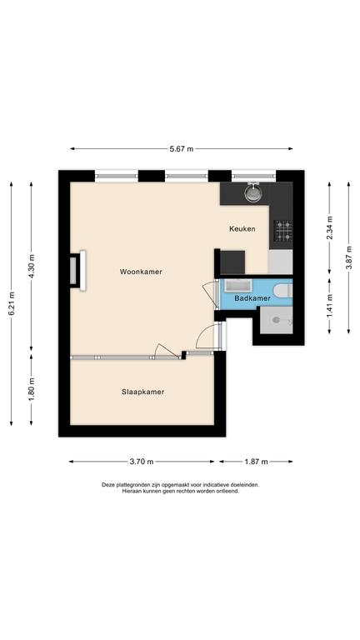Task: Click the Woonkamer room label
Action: pos(141,272)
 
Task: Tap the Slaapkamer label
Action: pos(142,392)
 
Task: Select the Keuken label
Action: pos(242,229)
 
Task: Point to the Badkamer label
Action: pos(252,298)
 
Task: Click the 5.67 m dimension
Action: pos(182,148)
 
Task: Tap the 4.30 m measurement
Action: pos(32,266)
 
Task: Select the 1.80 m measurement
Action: pos(32,390)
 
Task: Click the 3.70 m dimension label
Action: pos(142,462)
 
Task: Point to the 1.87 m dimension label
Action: pos(256,462)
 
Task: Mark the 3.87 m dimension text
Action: pos(348,257)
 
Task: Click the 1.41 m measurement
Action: pos(329,306)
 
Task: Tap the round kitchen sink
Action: pos(253,192)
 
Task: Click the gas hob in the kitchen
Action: pos(282,230)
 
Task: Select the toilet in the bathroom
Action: pos(283,290)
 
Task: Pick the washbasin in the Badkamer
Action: pos(237,285)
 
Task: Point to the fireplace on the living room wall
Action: pos(78,270)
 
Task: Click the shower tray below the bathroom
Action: pos(277,320)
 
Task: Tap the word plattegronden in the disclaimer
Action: pos(131,485)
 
